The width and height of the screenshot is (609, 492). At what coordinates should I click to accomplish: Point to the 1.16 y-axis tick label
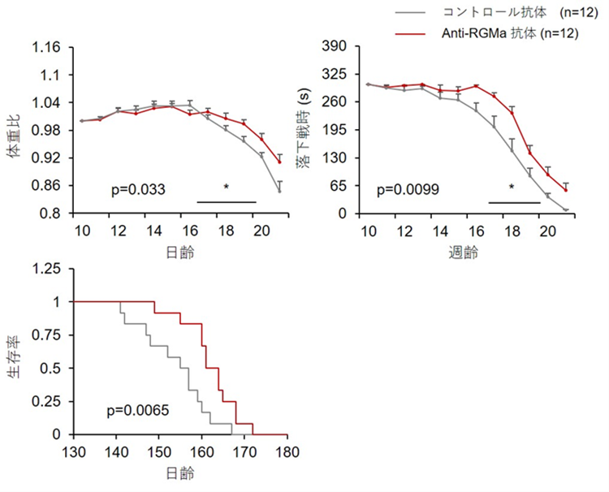(x=46, y=47)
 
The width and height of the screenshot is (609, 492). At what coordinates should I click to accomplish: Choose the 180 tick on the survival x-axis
(x=287, y=451)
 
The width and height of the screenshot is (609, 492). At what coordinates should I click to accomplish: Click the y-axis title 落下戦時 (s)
(x=306, y=130)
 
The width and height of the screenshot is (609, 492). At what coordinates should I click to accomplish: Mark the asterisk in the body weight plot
(x=227, y=188)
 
